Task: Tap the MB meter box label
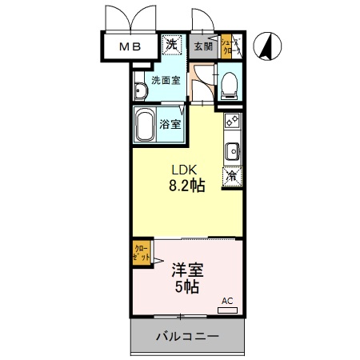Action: click(x=130, y=46)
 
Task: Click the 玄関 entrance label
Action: click(x=203, y=46)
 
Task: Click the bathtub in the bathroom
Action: click(x=146, y=126)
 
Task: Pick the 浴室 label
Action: click(x=170, y=125)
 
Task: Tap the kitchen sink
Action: click(x=231, y=150)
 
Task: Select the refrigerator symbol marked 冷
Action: click(x=231, y=176)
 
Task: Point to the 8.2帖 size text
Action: click(x=186, y=186)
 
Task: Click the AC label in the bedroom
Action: click(x=226, y=301)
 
